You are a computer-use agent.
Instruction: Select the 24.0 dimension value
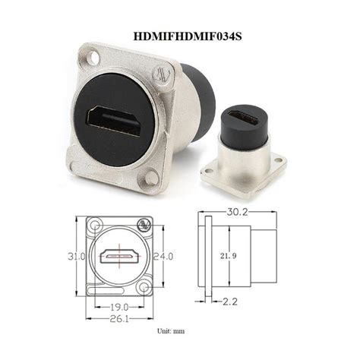(x=165, y=256)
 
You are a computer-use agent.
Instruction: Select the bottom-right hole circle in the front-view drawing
(x=144, y=288)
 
